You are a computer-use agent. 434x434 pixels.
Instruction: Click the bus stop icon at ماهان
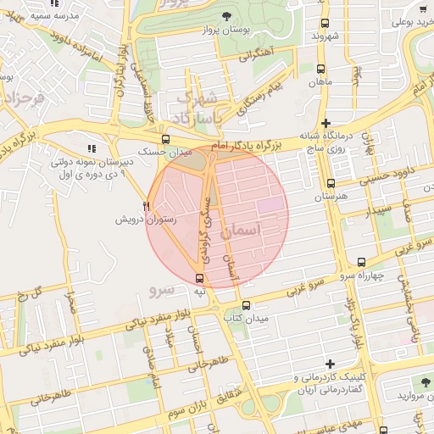[320, 70]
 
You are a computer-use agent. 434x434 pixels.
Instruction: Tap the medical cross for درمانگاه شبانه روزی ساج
[326, 124]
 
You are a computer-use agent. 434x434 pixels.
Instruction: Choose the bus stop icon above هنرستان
[331, 183]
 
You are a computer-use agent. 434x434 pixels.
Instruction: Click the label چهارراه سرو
[366, 275]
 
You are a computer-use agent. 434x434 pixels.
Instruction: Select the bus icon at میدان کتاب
[246, 305]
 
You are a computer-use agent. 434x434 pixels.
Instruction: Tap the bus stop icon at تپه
[200, 278]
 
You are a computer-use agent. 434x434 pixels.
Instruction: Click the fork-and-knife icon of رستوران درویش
[147, 206]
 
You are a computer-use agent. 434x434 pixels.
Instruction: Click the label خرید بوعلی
[403, 14]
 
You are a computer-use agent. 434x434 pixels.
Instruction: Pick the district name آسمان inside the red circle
[243, 230]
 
